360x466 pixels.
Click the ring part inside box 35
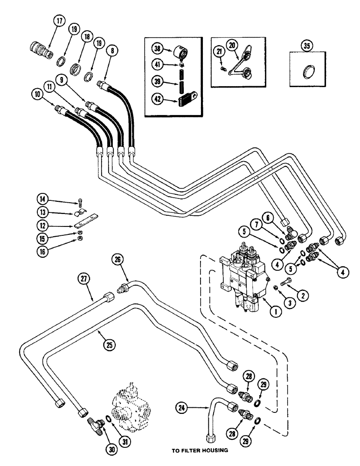click(308, 72)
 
